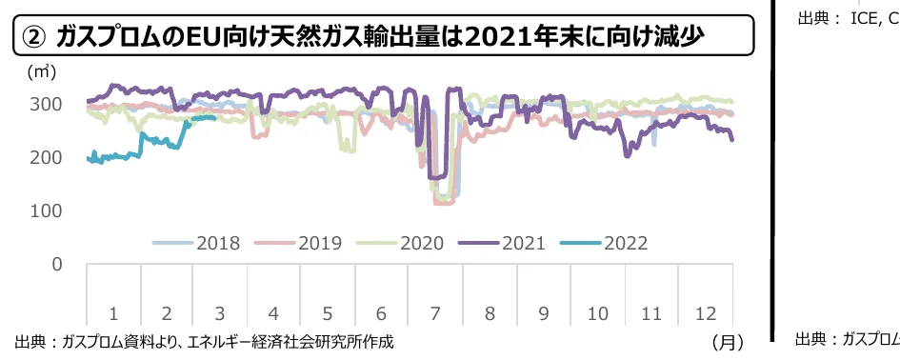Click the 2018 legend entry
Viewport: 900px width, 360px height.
pyautogui.click(x=218, y=243)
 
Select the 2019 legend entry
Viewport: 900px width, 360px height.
pyautogui.click(x=319, y=243)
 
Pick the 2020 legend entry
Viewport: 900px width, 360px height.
pyautogui.click(x=421, y=243)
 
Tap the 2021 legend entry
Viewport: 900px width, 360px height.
pyautogui.click(x=523, y=243)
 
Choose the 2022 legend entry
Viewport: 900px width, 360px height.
pyautogui.click(x=625, y=243)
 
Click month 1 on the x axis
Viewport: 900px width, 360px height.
pyautogui.click(x=113, y=312)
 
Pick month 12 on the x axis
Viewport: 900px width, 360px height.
pyautogui.click(x=706, y=312)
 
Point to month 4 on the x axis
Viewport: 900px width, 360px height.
pyautogui.click(x=274, y=312)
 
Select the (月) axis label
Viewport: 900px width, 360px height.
pyautogui.click(x=728, y=340)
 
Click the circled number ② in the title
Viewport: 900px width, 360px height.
pyautogui.click(x=34, y=37)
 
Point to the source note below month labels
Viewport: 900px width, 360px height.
pyautogui.click(x=204, y=340)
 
